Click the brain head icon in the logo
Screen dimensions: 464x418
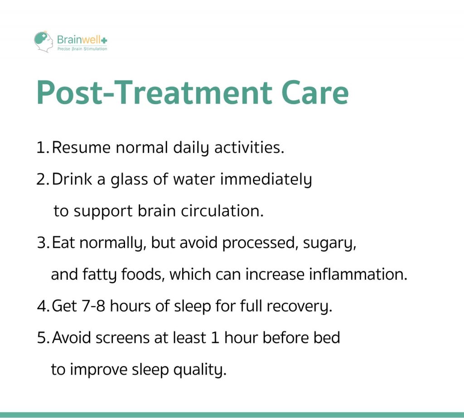[x=43, y=42]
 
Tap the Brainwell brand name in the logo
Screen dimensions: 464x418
[x=82, y=40]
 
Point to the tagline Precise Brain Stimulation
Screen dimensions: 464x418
[x=82, y=49]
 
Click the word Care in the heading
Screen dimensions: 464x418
[x=314, y=92]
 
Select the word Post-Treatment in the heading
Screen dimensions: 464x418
[x=154, y=92]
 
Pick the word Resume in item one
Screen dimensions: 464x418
[x=81, y=147]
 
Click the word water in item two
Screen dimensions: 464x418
[x=194, y=179]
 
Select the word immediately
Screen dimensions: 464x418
[x=266, y=180]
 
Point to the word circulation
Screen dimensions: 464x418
[x=222, y=211]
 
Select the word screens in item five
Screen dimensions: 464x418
[x=122, y=338]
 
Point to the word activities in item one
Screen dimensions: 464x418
[x=249, y=147]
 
